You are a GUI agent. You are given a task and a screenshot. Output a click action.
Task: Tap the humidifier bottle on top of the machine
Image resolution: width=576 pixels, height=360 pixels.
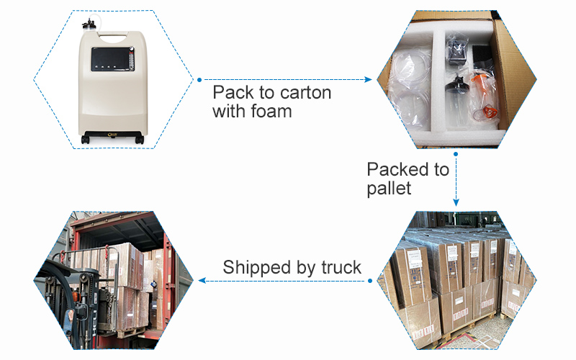tap(91, 30)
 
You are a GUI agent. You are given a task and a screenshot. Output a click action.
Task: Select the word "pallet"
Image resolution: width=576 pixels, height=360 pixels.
tap(389, 189)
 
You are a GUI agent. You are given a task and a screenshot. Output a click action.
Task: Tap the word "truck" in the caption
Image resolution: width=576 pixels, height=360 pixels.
tap(339, 267)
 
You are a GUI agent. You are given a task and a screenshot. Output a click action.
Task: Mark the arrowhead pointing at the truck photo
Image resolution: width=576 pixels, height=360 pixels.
tap(202, 280)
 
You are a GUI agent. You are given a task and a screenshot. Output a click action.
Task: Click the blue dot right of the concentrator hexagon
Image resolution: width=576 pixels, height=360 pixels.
tap(199, 79)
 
